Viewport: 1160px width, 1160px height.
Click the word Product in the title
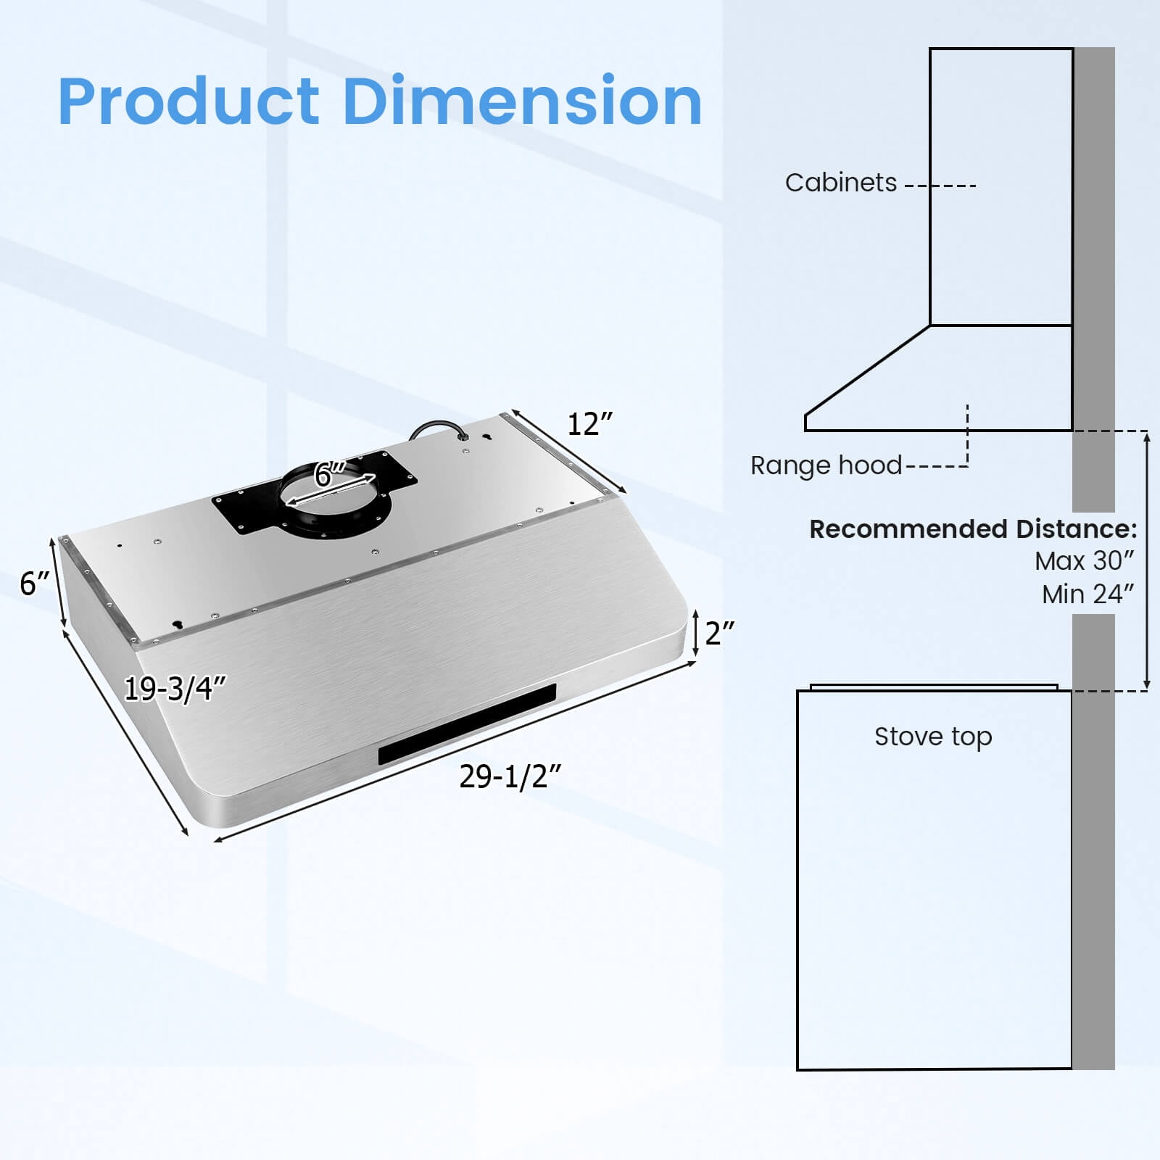[x=188, y=101]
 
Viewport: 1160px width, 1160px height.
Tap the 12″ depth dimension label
[x=589, y=424]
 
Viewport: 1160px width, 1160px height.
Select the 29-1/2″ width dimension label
[x=510, y=776]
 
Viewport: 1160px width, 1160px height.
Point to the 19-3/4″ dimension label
[x=175, y=689]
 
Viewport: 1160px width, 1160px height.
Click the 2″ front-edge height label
[x=720, y=633]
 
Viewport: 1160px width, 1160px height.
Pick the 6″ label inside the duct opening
[x=330, y=475]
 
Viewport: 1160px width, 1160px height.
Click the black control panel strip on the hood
[x=467, y=724]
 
